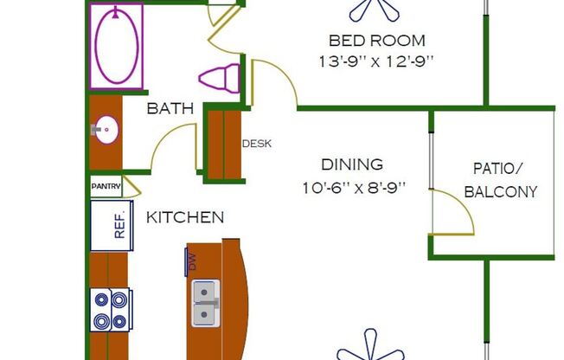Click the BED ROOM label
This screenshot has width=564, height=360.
coord(376,41)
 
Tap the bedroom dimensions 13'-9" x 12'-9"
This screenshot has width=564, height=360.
coord(376,61)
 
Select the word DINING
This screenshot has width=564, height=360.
coord(351,164)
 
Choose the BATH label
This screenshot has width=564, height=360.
coord(163,108)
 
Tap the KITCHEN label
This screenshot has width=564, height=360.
coord(184,217)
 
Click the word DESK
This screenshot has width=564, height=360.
coord(257,144)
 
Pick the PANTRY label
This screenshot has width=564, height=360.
coord(105,185)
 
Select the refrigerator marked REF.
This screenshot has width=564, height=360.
coord(111,224)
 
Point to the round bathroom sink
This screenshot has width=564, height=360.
coord(106,131)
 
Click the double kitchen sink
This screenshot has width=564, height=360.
coord(204,304)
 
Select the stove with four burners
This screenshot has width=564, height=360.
coord(111,309)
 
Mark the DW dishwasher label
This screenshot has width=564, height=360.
coord(192,261)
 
